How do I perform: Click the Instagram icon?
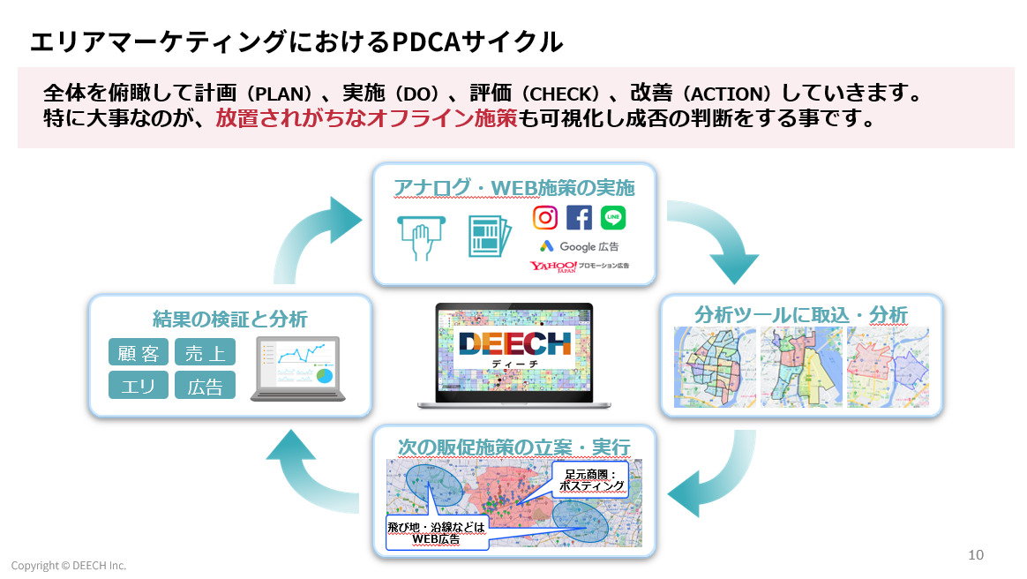(545, 217)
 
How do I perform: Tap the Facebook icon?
(580, 217)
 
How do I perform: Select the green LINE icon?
(613, 217)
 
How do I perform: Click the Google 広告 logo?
(579, 246)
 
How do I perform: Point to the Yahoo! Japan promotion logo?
(579, 266)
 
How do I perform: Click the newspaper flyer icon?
(488, 237)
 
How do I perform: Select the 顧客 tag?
(138, 353)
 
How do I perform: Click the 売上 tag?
(205, 353)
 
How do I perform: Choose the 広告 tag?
(205, 386)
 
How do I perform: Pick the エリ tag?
(138, 386)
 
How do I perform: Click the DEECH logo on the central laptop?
(513, 347)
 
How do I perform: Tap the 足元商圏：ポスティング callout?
(591, 479)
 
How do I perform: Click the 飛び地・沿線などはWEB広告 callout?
(436, 532)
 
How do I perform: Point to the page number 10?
(975, 555)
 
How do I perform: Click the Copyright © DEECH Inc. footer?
(69, 565)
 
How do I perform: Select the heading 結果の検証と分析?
(229, 318)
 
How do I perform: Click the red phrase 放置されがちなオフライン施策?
(366, 118)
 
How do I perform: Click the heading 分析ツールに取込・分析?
(801, 313)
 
